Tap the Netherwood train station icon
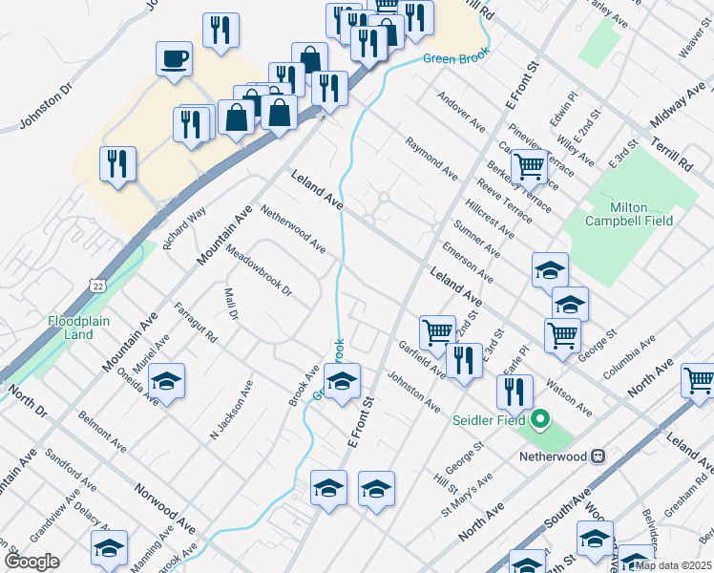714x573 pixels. (x=599, y=456)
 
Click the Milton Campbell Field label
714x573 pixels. (x=628, y=214)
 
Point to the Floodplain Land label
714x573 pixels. (x=72, y=328)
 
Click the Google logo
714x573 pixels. (x=31, y=562)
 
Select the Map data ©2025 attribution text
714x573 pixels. (x=673, y=565)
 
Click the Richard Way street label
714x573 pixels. (x=184, y=228)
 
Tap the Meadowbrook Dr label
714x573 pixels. (x=259, y=271)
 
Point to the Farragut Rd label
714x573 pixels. (x=196, y=323)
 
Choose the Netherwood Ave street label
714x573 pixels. (x=293, y=231)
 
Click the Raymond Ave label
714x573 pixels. (x=430, y=159)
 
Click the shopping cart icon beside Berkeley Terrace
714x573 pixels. (x=528, y=166)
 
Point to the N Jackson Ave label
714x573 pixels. (x=231, y=410)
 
